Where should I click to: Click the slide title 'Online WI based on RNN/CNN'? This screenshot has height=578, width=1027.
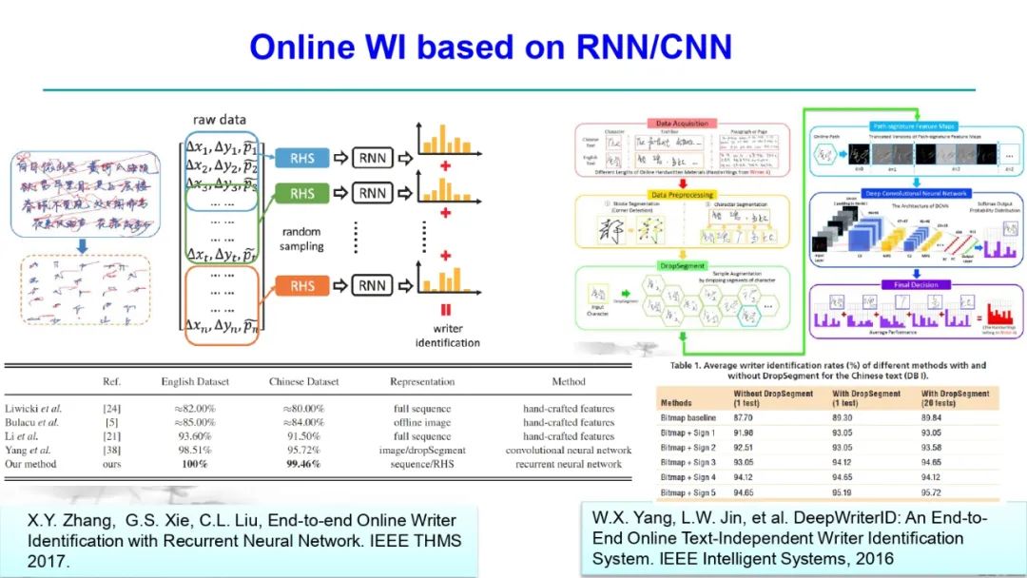[490, 47]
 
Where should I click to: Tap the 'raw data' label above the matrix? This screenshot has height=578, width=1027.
[221, 120]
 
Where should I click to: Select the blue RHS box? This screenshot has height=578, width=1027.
[302, 158]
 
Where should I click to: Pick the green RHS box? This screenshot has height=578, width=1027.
[302, 194]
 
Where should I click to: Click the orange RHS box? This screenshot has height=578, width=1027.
[302, 285]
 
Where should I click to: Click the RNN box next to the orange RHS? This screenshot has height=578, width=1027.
[374, 285]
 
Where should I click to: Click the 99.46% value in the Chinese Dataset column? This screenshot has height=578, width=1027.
[304, 464]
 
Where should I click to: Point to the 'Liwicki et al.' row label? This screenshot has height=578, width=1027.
[31, 409]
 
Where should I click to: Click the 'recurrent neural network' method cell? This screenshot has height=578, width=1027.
[570, 464]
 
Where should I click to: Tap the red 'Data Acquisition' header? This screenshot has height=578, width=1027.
[678, 124]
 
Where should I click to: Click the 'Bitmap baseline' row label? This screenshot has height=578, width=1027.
[691, 416]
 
